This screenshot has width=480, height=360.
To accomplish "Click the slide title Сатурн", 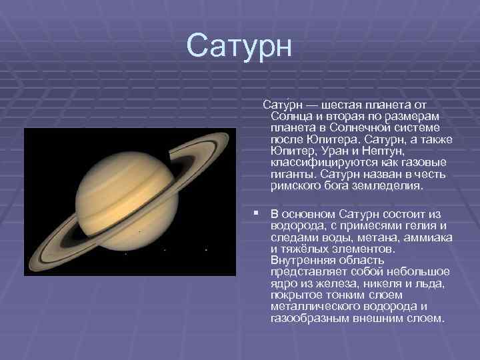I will click(239, 45).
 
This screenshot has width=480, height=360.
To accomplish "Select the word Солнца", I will click(291, 117).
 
